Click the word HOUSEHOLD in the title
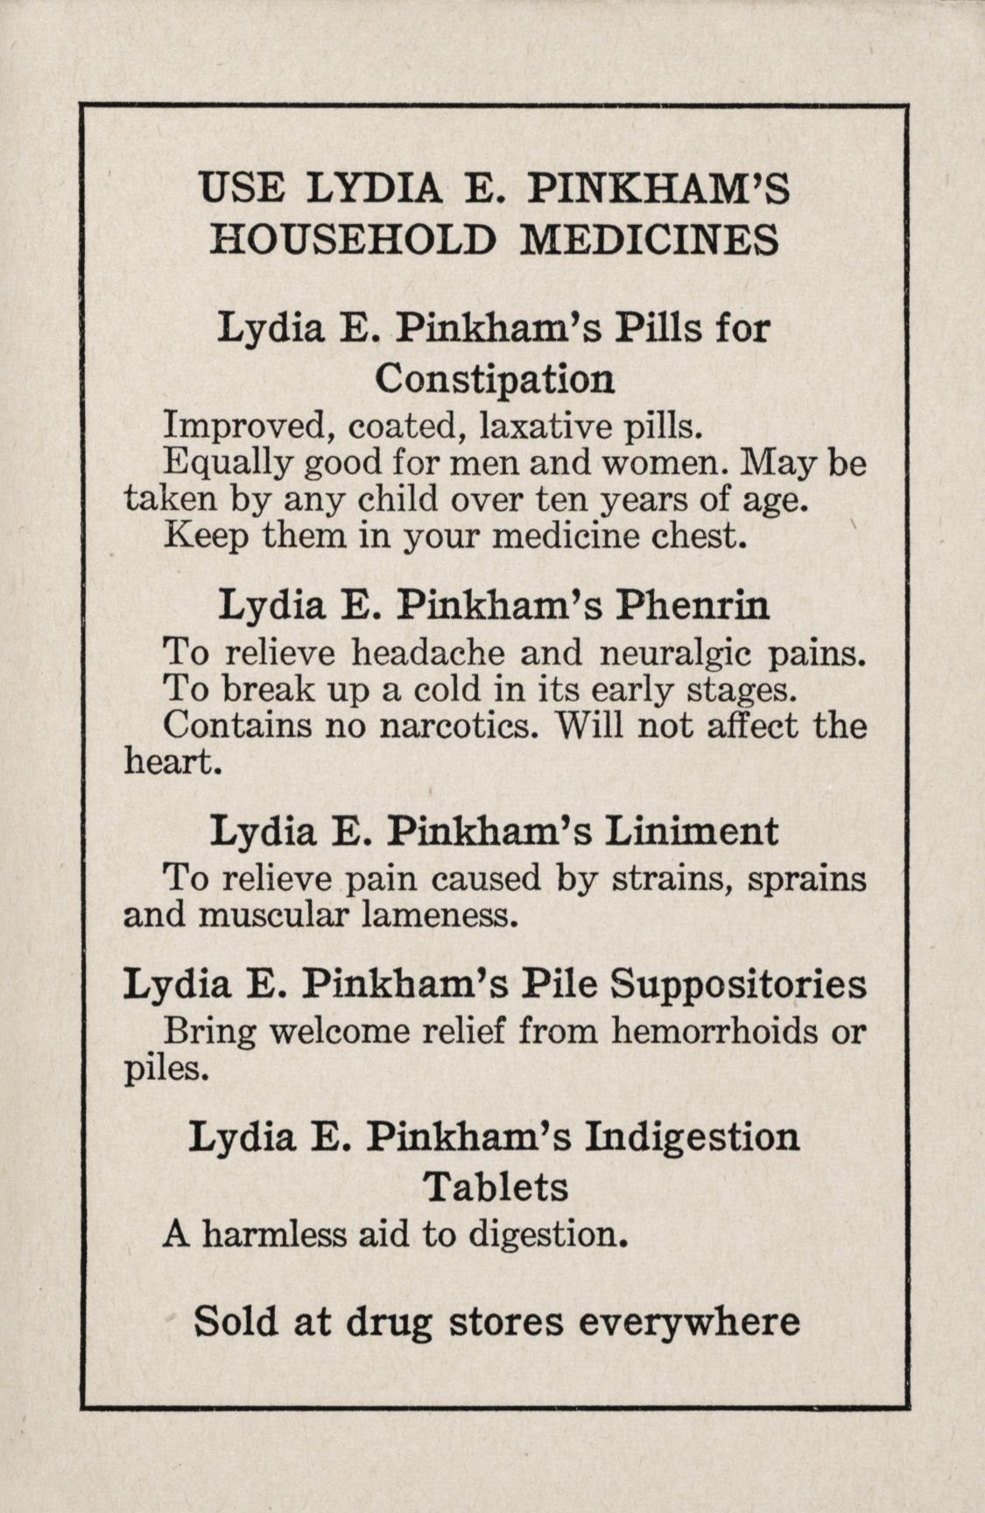click(353, 240)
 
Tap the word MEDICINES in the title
click(649, 240)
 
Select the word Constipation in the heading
click(495, 379)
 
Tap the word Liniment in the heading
click(692, 831)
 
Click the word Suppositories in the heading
click(739, 984)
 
